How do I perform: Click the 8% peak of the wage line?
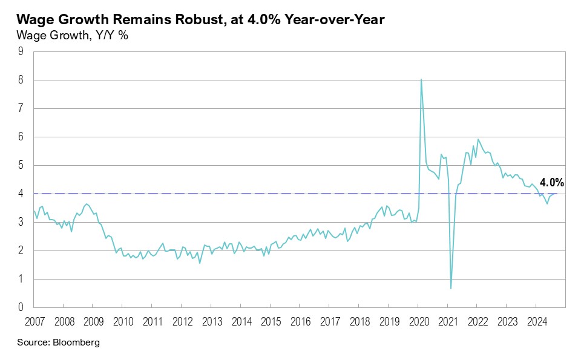click(421, 80)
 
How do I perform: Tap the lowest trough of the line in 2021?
click(451, 288)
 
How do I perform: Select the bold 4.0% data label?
click(552, 182)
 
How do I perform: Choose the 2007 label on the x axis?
click(34, 321)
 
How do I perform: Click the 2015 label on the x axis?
click(270, 321)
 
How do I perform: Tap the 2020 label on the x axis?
click(418, 321)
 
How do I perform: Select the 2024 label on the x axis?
click(536, 321)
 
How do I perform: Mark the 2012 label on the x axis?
click(182, 321)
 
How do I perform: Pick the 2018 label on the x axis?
click(359, 321)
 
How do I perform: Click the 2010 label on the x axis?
click(122, 321)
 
